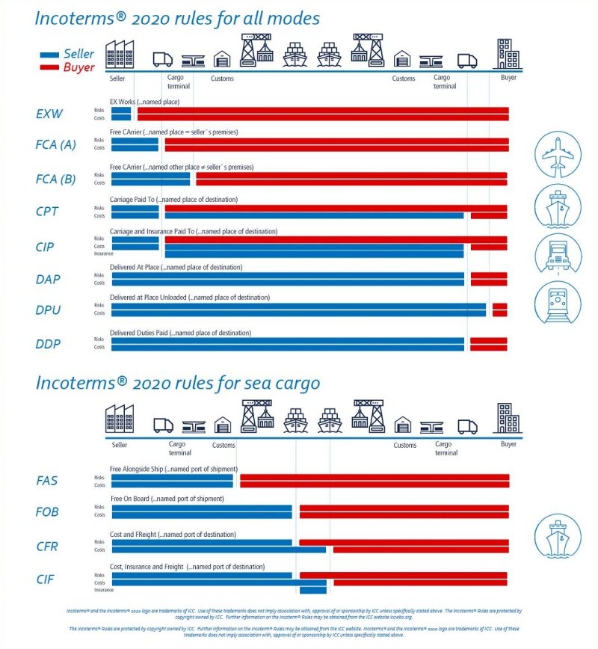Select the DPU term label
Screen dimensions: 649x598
[48, 310]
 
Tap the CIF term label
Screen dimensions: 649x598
[46, 579]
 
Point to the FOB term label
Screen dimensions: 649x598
[47, 512]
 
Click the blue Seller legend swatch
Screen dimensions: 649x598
[49, 55]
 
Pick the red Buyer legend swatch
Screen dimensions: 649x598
[49, 68]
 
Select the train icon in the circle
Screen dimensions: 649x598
[558, 302]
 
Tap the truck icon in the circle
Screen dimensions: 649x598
[558, 254]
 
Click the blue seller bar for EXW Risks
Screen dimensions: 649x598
[121, 110]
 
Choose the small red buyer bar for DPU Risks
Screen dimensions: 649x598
[499, 305]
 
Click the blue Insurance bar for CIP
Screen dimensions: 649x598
[314, 253]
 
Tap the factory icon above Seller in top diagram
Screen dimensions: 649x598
[120, 54]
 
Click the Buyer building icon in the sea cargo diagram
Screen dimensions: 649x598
[509, 418]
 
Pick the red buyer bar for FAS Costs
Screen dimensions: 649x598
[374, 485]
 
